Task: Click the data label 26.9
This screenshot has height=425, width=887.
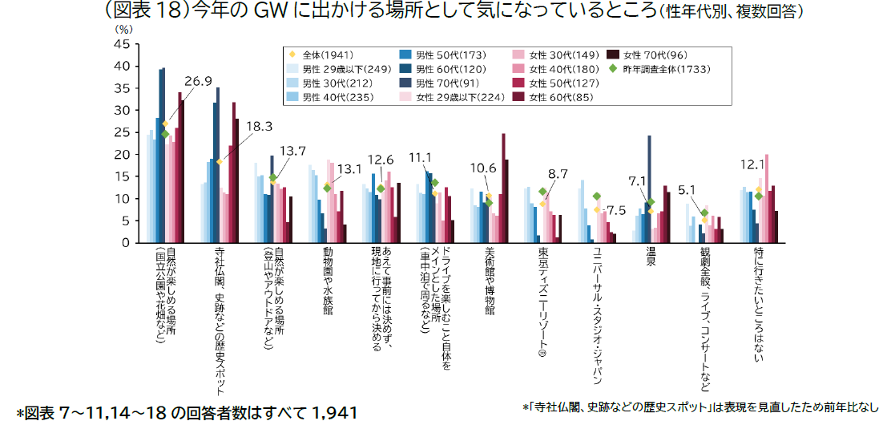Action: point(198,81)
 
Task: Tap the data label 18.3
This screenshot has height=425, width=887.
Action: point(259,126)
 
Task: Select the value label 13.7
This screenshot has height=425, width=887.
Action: point(292,150)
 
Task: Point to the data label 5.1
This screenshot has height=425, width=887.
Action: point(687,190)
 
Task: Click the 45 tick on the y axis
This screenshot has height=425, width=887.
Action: point(122,45)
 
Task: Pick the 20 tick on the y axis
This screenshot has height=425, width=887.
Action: point(122,155)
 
